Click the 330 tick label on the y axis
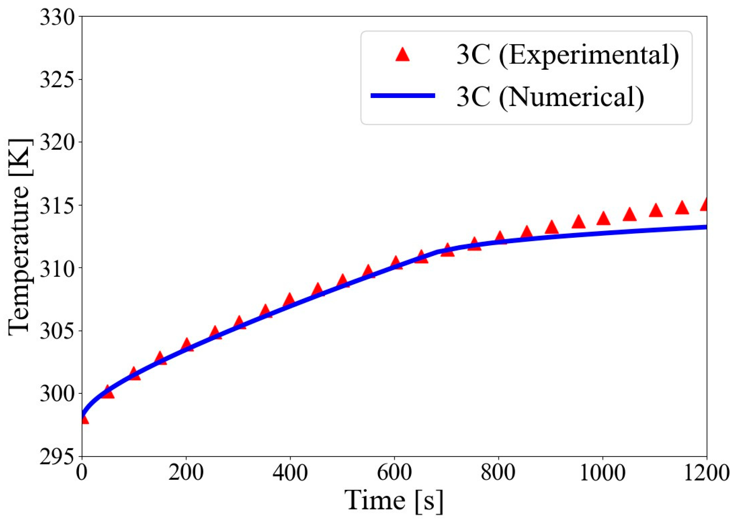pos(57,17)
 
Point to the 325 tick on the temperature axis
pos(57,80)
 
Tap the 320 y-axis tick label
pos(57,143)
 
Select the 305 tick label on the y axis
pos(57,331)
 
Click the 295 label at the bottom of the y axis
pos(57,457)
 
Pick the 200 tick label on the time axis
pos(186,473)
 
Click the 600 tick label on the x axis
pos(394,473)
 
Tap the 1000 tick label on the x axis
pos(602,473)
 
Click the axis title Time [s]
pos(394,501)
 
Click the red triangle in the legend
pos(402,55)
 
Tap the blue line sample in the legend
pos(403,96)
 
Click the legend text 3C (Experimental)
pos(567,55)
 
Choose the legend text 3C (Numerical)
pos(550,96)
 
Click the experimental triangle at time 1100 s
pos(655,211)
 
